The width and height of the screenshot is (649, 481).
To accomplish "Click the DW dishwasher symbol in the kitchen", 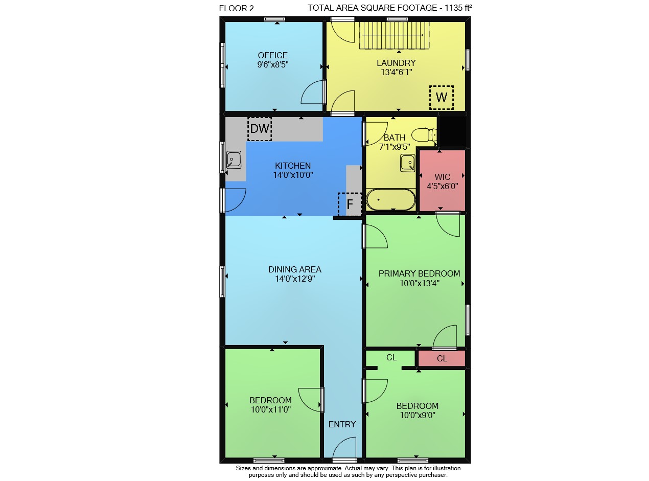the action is click(x=260, y=129).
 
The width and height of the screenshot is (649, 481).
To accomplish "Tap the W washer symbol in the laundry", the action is click(x=442, y=98).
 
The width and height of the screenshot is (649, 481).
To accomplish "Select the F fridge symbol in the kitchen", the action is click(x=350, y=204).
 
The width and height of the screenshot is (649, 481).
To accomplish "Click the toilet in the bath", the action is click(x=424, y=134).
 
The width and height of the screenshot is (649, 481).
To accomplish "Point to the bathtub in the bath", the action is click(x=391, y=199).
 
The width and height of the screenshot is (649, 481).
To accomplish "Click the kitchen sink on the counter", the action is click(x=234, y=160).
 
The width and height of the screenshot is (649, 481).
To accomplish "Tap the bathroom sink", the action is click(x=408, y=163).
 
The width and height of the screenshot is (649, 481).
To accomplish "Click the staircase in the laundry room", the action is click(x=395, y=35).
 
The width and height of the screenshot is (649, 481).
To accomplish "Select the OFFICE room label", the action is click(x=273, y=55).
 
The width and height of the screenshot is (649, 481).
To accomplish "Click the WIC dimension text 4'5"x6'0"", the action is click(x=443, y=186).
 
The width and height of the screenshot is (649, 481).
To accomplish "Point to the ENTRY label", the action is click(x=342, y=424).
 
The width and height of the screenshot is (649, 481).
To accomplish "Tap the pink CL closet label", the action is click(x=442, y=359).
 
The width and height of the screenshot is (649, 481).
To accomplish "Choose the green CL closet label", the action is click(x=391, y=357).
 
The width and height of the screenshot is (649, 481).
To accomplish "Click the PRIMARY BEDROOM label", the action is click(x=420, y=273).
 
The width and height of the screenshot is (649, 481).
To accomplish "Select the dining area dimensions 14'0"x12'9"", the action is click(x=295, y=279).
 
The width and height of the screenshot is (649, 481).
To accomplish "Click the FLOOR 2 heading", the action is click(x=237, y=9).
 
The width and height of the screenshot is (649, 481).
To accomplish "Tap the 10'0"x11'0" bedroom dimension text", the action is click(x=271, y=409).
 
